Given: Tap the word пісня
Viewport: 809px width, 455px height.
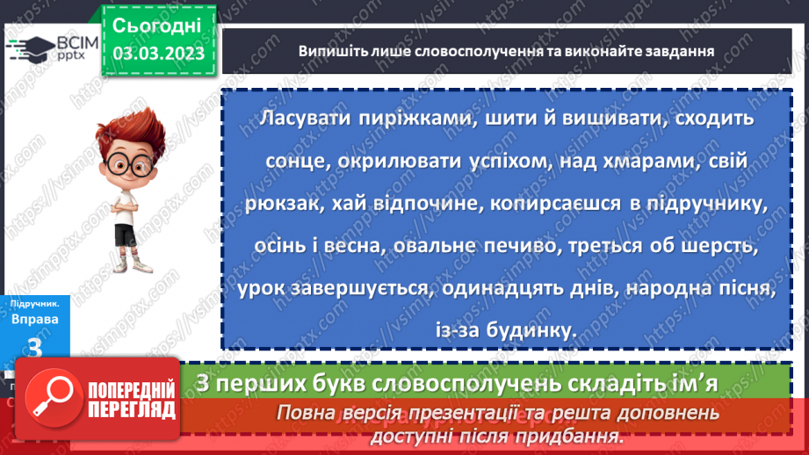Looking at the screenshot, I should [749, 290].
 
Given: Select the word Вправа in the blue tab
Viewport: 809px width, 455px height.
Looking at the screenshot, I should [36, 319].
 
